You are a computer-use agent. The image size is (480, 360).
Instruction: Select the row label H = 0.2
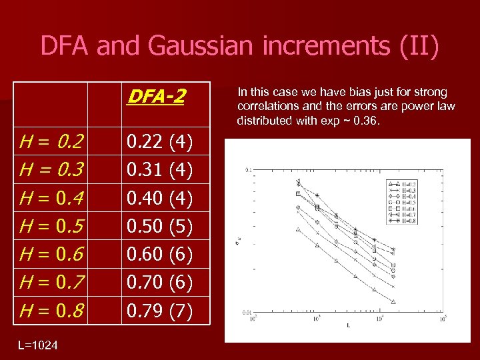[52, 141]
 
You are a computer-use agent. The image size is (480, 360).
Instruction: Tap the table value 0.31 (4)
[160, 171]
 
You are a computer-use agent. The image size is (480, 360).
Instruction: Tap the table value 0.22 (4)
[160, 141]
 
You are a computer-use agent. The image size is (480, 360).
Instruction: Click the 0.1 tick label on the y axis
[248, 171]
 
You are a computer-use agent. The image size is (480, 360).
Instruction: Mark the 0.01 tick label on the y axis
[247, 311]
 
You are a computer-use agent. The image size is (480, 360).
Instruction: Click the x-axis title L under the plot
[347, 326]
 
